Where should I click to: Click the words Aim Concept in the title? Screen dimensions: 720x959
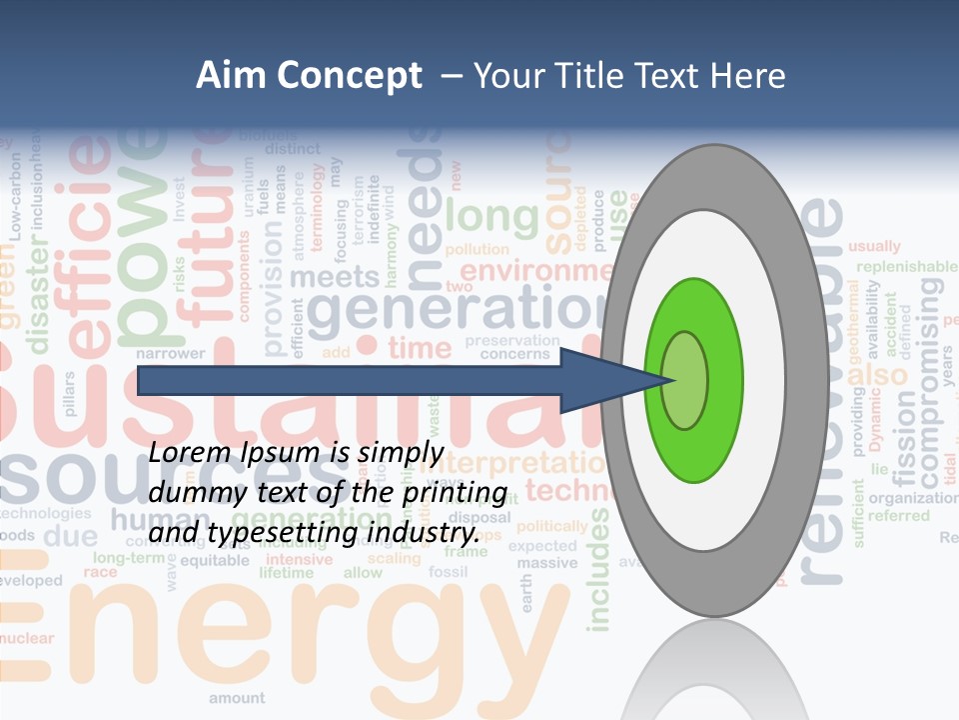[x=309, y=76]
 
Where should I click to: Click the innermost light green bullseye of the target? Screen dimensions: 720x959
[x=684, y=381]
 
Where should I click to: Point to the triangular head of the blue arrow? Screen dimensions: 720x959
[x=609, y=380]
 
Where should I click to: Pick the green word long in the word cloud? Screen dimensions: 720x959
[x=491, y=215]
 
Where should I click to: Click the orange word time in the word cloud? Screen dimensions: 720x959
[x=420, y=348]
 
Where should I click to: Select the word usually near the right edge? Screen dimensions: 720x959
[x=874, y=246]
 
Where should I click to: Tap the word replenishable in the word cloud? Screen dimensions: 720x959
[x=906, y=266]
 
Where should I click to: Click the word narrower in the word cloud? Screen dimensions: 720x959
[x=170, y=353]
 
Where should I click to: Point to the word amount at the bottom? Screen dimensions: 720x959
[x=237, y=698]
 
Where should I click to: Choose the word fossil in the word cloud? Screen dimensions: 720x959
[x=448, y=572]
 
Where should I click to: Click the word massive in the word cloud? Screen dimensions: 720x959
[x=546, y=563]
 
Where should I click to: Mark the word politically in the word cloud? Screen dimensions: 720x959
[x=551, y=526]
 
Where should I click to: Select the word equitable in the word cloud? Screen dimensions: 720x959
[x=215, y=560]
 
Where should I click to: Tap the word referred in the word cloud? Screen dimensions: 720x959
[x=898, y=516]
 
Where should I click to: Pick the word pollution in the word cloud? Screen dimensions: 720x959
[x=477, y=249]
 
